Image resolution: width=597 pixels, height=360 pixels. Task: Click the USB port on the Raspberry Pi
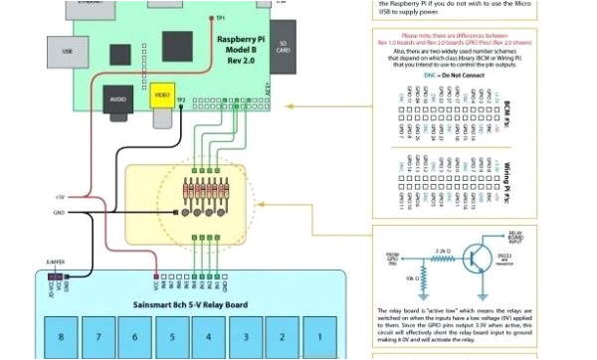click(x=66, y=50)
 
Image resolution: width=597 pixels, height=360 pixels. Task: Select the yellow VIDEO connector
click(x=160, y=95)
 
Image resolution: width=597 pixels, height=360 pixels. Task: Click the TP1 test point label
click(x=220, y=17)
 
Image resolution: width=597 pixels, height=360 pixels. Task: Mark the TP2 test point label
click(x=181, y=99)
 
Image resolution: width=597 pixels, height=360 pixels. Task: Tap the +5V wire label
click(x=60, y=197)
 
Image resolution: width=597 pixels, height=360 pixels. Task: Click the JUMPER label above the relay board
click(x=56, y=263)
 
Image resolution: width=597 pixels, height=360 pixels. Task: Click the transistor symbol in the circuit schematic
click(x=485, y=255)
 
